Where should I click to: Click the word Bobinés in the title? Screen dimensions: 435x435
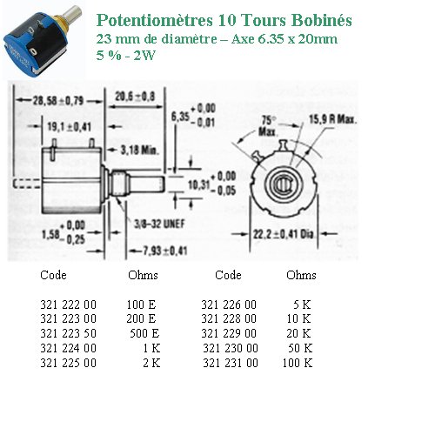coord(322,20)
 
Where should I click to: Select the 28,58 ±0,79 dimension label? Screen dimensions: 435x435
coord(58,101)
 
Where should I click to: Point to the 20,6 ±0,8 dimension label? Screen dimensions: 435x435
coord(135,97)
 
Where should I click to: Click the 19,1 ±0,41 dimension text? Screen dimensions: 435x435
coord(69,126)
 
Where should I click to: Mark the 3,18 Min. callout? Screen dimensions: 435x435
coord(139,150)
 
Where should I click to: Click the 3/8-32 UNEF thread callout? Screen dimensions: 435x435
coord(159,224)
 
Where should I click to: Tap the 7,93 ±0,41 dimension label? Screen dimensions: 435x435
coord(164,251)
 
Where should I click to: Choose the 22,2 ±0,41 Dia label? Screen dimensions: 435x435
coord(284,234)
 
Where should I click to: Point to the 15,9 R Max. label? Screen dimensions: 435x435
coord(332,119)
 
